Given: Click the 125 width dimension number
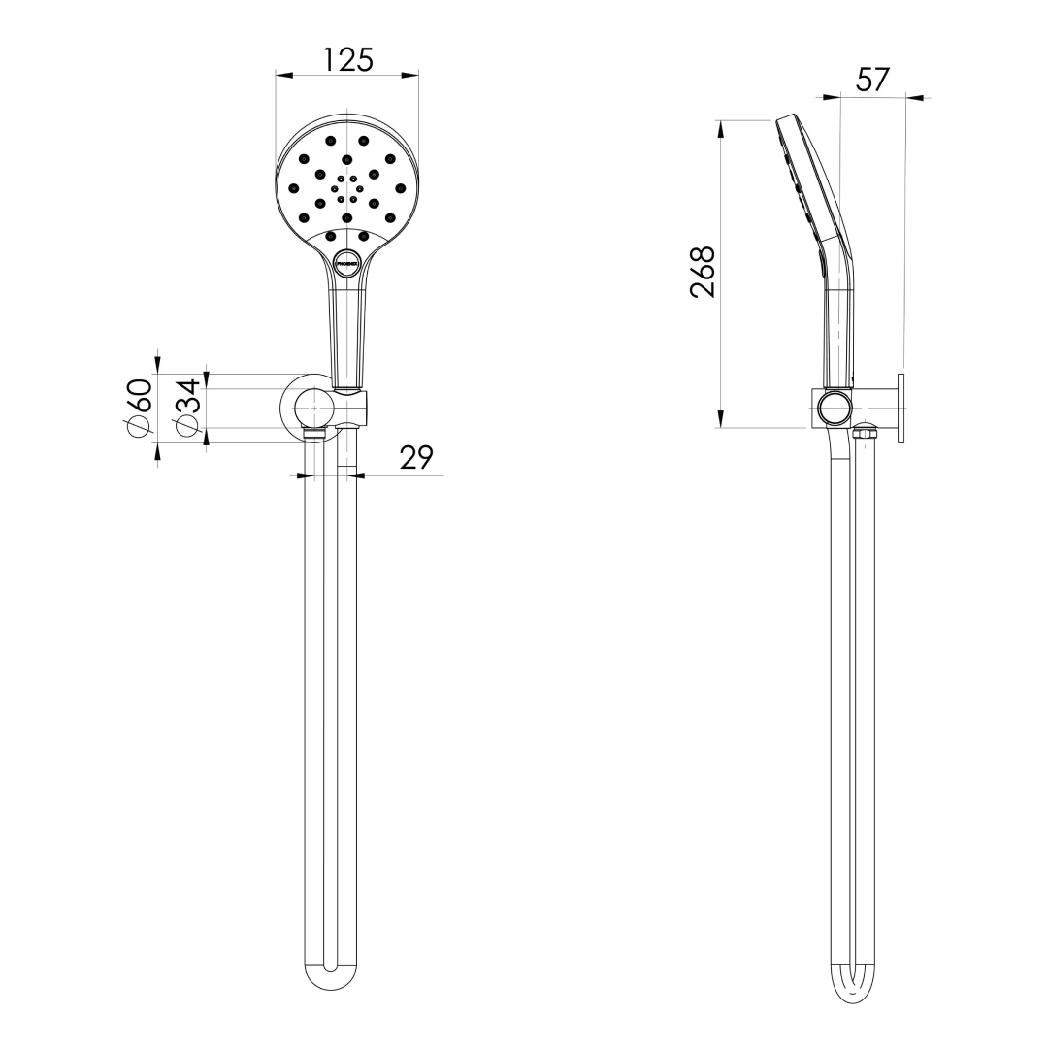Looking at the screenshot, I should click(347, 59).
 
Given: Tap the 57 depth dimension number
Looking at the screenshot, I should click(872, 80).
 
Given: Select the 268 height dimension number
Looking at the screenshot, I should click(702, 273).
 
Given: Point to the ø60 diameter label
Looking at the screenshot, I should click(139, 408).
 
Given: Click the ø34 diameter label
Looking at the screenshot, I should click(187, 408).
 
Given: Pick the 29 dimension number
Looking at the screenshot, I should click(415, 458).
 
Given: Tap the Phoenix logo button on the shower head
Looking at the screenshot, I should click(347, 262).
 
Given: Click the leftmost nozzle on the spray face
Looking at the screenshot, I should click(294, 187).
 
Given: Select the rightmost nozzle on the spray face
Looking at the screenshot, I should click(399, 187).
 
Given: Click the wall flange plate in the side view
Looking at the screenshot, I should click(901, 409).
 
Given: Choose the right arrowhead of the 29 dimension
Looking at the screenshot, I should click(354, 475).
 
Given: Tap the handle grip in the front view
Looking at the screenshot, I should click(347, 330).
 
